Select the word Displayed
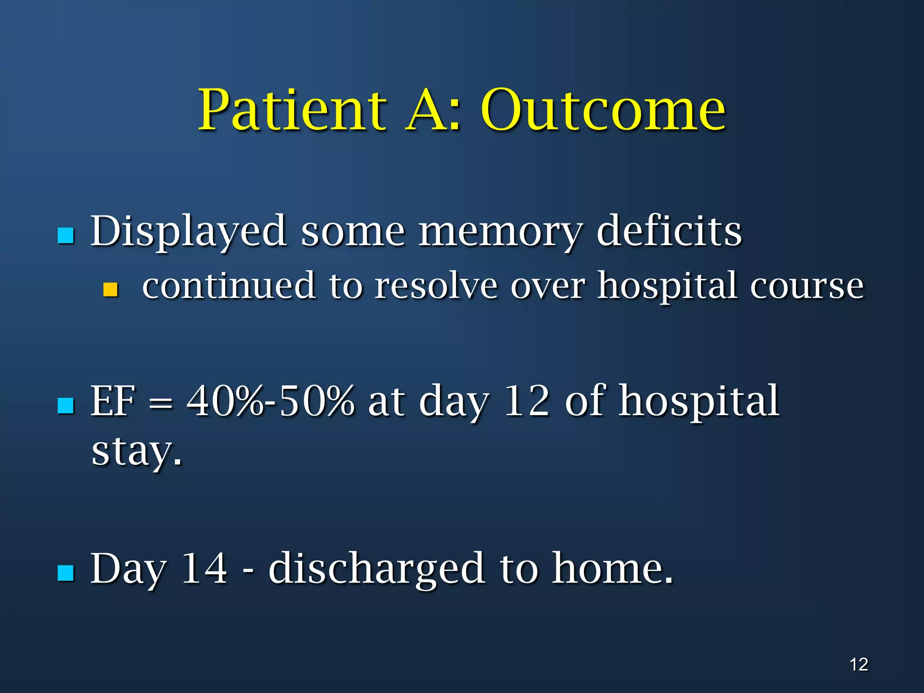tap(189, 231)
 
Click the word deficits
tap(669, 231)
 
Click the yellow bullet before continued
tap(111, 289)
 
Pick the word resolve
tap(436, 286)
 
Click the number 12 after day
tap(527, 401)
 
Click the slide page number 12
tap(859, 665)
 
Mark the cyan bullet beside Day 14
tap(66, 573)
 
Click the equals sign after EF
tap(161, 402)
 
